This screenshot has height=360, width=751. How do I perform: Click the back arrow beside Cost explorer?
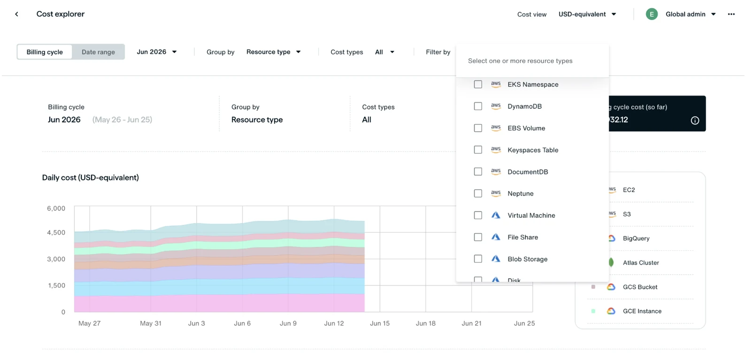point(16,14)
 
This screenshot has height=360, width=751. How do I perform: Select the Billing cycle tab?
point(45,52)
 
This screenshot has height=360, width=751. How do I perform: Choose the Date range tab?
point(98,52)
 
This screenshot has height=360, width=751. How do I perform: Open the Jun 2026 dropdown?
point(157,52)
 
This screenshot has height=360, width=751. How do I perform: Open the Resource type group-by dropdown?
point(273,52)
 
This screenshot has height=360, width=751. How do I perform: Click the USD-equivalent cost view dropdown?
point(587,14)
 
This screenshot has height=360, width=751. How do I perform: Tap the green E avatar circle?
point(651,14)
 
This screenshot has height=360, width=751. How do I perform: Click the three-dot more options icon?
point(731,14)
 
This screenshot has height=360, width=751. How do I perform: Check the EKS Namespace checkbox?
point(478,84)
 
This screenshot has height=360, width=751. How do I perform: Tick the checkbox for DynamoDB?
point(478,106)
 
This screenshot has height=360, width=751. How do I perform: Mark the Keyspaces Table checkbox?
point(478,150)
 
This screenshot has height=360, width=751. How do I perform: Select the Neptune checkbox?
point(478,193)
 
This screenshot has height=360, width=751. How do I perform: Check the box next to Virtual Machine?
point(478,215)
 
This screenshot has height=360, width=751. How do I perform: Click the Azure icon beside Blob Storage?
point(496,259)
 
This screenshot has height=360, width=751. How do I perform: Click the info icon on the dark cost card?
point(695,120)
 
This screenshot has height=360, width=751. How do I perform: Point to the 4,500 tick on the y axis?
point(56,232)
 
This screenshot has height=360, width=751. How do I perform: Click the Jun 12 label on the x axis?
point(334,323)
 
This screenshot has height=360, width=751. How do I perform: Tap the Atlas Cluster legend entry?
point(641,262)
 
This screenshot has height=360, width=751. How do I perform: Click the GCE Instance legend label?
point(642,311)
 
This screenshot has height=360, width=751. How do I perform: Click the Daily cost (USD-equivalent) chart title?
point(91,178)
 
